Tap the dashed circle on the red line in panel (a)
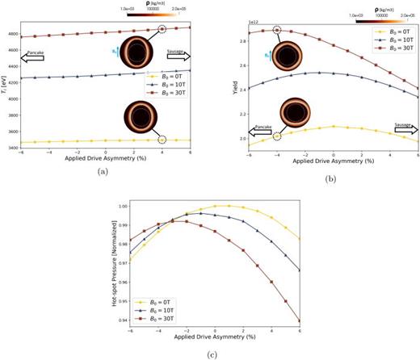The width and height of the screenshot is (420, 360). tap(162, 28)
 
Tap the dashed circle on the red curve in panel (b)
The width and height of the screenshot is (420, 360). tap(277, 30)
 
